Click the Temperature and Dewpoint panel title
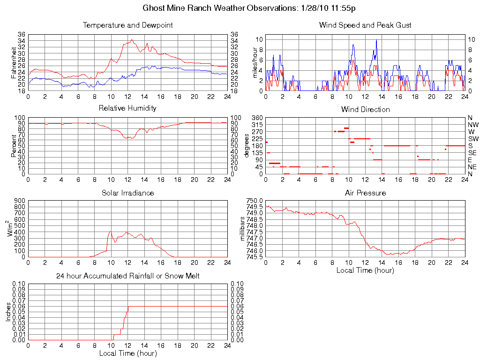pos(127,25)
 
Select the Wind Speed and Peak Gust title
pos(365,25)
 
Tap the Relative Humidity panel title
pos(127,108)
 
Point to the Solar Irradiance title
pos(127,193)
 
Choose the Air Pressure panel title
pos(365,193)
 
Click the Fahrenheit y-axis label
pos(15,62)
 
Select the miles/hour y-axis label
pos(255,62)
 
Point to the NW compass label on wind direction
pos(472,125)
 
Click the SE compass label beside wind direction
pos(472,153)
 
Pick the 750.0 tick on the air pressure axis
pos(255,201)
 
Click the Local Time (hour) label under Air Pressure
pos(365,270)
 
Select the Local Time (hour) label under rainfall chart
pos(127,353)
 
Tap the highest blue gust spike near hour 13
pos(376,40)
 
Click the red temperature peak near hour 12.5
pos(132,40)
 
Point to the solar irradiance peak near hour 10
pos(110,231)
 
